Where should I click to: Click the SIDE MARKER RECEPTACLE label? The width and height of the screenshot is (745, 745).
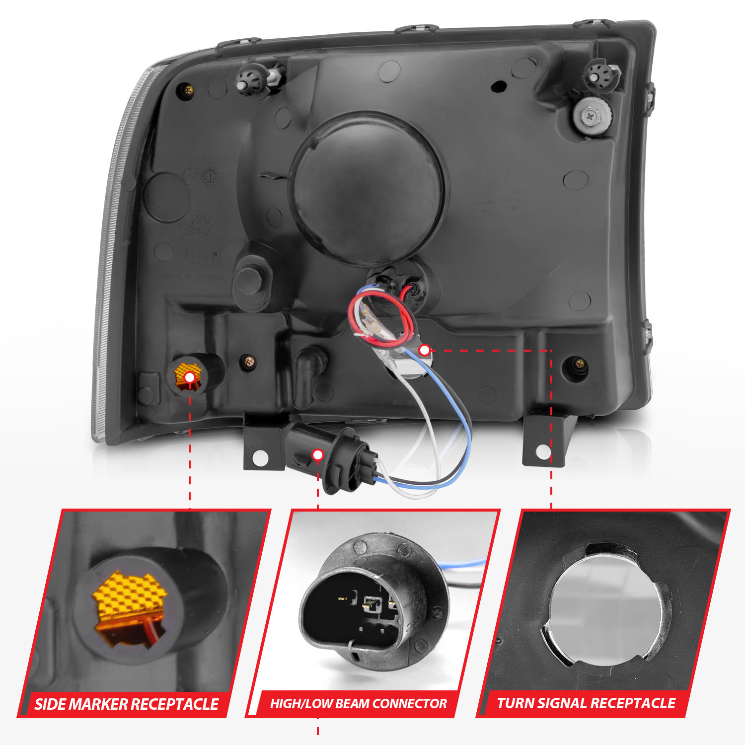[x=126, y=704]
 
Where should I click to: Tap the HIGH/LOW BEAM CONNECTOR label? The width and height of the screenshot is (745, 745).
[x=358, y=704]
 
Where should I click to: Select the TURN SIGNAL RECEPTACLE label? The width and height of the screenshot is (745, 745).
[x=586, y=703]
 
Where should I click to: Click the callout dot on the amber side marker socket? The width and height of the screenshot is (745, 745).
[x=189, y=378]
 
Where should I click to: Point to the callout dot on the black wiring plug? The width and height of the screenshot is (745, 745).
[x=318, y=454]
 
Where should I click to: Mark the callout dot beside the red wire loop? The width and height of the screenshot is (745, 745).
[x=424, y=350]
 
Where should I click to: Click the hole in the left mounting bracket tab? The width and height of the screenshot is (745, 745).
[x=260, y=458]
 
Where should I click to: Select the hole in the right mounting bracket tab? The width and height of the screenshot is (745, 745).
[x=544, y=452]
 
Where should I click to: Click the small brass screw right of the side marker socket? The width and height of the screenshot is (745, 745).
[x=247, y=362]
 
